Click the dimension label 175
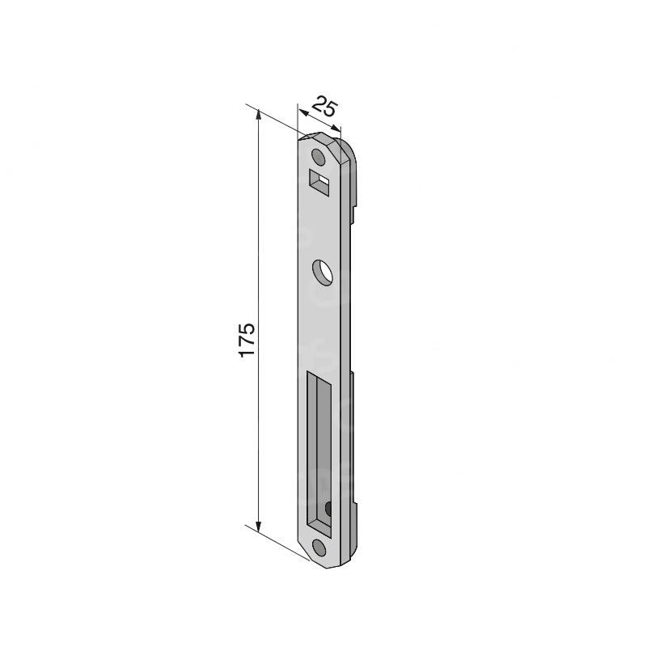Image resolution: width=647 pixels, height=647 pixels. coord(247,340)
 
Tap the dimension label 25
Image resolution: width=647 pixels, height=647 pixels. coord(325,107)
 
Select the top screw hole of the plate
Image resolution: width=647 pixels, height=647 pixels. coord(318,156)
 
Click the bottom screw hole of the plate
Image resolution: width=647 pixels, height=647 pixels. coord(319,547)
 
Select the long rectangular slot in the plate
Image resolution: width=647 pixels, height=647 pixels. coord(319,453)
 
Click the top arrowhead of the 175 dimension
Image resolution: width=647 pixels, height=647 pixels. coord(259,115)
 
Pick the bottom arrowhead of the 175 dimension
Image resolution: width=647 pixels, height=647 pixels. coord(259,526)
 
